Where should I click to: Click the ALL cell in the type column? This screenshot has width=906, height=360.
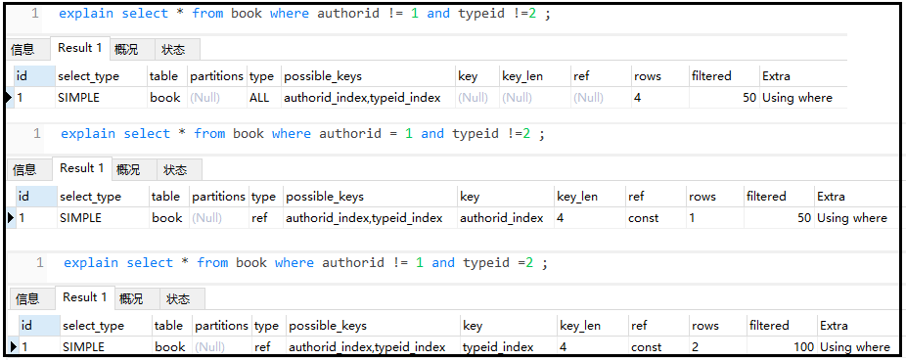coord(259,98)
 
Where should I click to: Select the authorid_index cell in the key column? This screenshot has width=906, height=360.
coord(502,218)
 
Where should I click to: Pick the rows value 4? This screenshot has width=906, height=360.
coord(637,98)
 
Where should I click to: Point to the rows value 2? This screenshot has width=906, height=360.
coord(695,347)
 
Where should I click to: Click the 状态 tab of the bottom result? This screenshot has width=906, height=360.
coord(178,299)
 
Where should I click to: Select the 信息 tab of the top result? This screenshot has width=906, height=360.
coord(23,50)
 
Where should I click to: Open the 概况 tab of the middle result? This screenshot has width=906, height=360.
coord(128,170)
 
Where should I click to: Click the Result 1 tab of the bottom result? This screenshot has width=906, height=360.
coord(85,297)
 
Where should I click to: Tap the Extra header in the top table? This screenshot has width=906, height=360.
coord(776,76)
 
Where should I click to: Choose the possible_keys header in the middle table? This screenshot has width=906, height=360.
coord(325,197)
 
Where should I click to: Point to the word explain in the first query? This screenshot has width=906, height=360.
coord(86,14)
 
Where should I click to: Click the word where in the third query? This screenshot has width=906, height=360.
coord(294,263)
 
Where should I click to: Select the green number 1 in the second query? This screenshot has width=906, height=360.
coord(409,134)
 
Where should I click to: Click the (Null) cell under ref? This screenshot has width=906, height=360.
coord(588,98)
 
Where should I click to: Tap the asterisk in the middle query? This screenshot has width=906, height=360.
coord(182,133)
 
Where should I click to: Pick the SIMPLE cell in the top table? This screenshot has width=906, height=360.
coord(78,98)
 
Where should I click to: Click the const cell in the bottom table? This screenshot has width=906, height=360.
coord(646,347)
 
